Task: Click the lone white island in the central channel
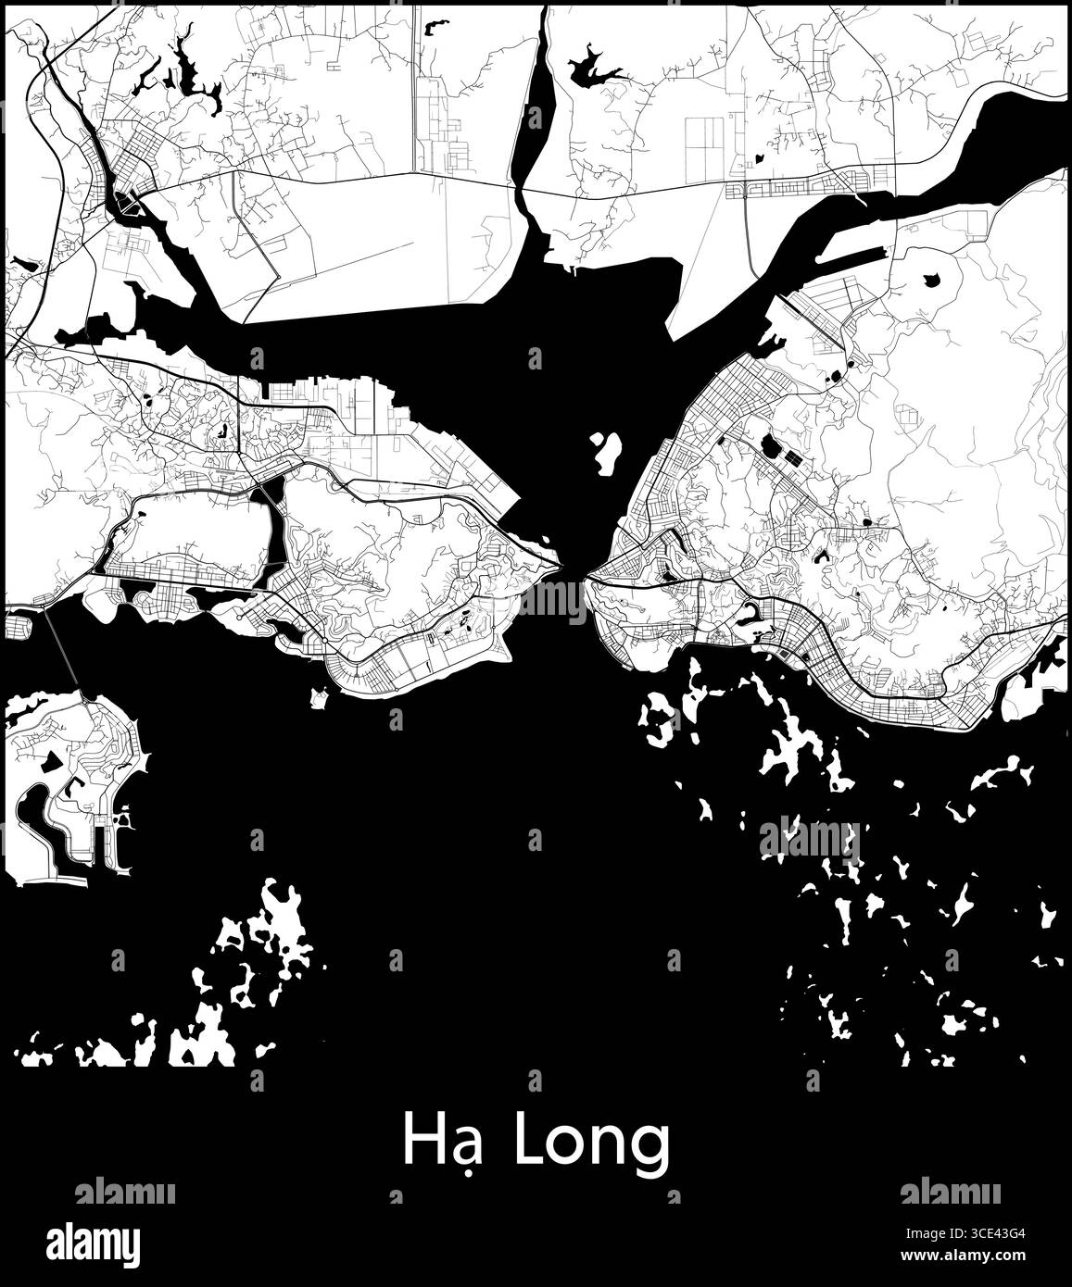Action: (x=607, y=451)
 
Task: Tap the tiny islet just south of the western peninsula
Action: (x=319, y=697)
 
